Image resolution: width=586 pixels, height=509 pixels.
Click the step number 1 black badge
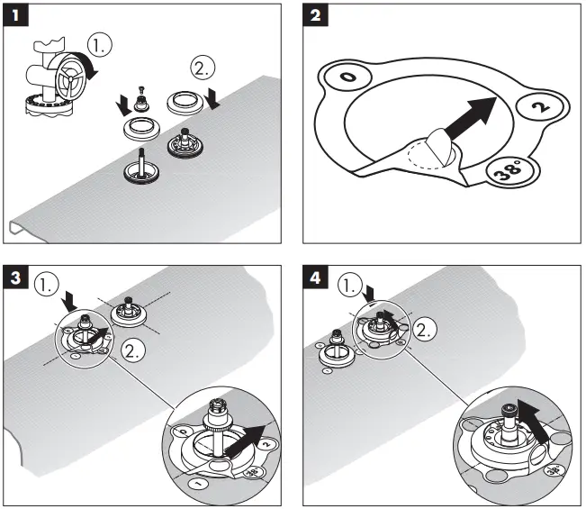(15, 15)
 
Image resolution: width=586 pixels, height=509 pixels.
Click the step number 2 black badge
(315, 15)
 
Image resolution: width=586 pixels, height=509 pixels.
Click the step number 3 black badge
(15, 277)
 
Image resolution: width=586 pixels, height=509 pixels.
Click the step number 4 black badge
(315, 277)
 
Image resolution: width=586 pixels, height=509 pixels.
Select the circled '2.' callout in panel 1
(203, 68)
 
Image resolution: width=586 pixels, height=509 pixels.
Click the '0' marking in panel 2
(348, 77)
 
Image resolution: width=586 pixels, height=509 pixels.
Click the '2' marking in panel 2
(542, 107)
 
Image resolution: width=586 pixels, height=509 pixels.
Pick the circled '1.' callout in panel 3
(46, 286)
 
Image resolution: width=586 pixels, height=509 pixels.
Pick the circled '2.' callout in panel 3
(133, 350)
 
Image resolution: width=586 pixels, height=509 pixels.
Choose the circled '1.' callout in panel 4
(350, 286)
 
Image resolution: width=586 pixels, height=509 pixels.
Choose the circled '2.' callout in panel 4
(424, 330)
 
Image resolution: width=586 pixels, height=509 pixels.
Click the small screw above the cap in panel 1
(141, 89)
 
